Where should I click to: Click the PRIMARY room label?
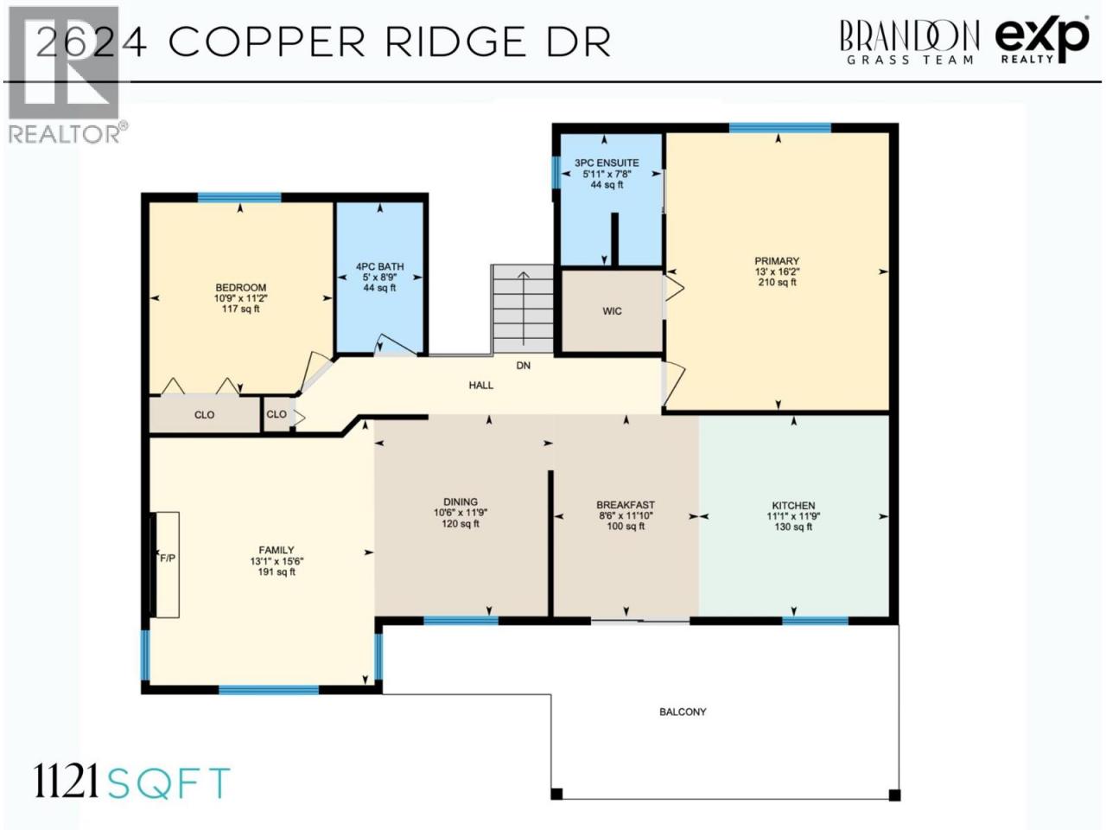pos(777,261)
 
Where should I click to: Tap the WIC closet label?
pos(613,311)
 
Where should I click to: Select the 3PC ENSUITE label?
pos(607,163)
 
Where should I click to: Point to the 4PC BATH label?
pos(380,266)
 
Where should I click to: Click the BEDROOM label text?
pos(241,288)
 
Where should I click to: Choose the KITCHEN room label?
pos(793,506)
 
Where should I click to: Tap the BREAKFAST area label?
pos(626,505)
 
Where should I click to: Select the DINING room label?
pos(461,502)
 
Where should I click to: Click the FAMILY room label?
pos(276,551)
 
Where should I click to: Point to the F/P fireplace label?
pos(168,559)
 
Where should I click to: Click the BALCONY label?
pos(683,712)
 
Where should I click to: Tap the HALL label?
pos(481,386)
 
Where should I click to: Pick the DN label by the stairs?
pos(524,366)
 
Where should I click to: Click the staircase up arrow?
pos(524,309)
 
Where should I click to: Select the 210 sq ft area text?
pos(778,283)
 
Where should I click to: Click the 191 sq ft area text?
pos(276,572)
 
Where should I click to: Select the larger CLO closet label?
pos(205,415)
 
